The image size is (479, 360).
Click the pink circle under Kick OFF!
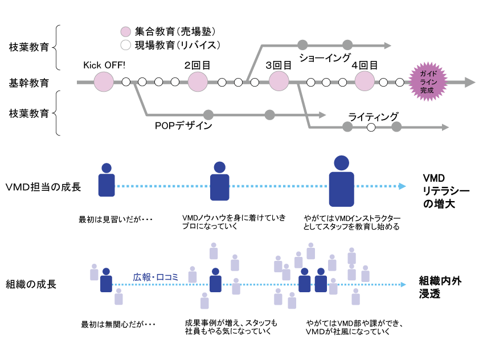tap(104, 82)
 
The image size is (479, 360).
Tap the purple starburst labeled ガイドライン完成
tap(427, 83)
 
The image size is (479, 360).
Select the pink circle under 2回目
tap(198, 82)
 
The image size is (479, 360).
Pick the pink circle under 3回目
tap(279, 82)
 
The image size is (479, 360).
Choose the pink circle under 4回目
tap(365, 82)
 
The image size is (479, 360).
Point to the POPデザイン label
tap(183, 125)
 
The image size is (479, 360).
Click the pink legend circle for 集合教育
tap(126, 31)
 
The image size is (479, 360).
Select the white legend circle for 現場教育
tap(126, 44)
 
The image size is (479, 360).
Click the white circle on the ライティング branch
tap(371, 127)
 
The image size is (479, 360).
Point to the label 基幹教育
tap(29, 83)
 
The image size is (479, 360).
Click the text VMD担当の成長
tap(43, 186)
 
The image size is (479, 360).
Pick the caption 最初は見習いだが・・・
tap(117, 219)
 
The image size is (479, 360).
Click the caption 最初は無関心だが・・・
tap(118, 325)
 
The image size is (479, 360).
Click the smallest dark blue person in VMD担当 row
tap(105, 181)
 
